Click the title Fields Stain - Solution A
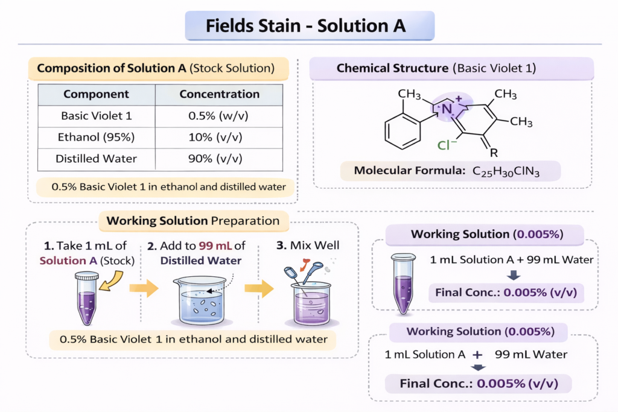click(x=305, y=26)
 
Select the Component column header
click(x=96, y=94)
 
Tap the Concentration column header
click(x=220, y=94)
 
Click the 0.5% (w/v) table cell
click(x=218, y=116)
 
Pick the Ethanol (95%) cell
click(x=96, y=137)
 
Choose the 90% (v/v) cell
click(x=215, y=158)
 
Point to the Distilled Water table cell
click(x=96, y=158)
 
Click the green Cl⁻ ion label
click(x=447, y=145)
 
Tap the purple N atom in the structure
click(x=447, y=109)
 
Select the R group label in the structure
click(x=494, y=153)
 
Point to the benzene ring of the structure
click(x=403, y=131)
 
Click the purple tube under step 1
click(x=87, y=299)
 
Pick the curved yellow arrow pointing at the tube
click(x=111, y=281)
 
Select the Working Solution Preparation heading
click(x=193, y=221)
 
